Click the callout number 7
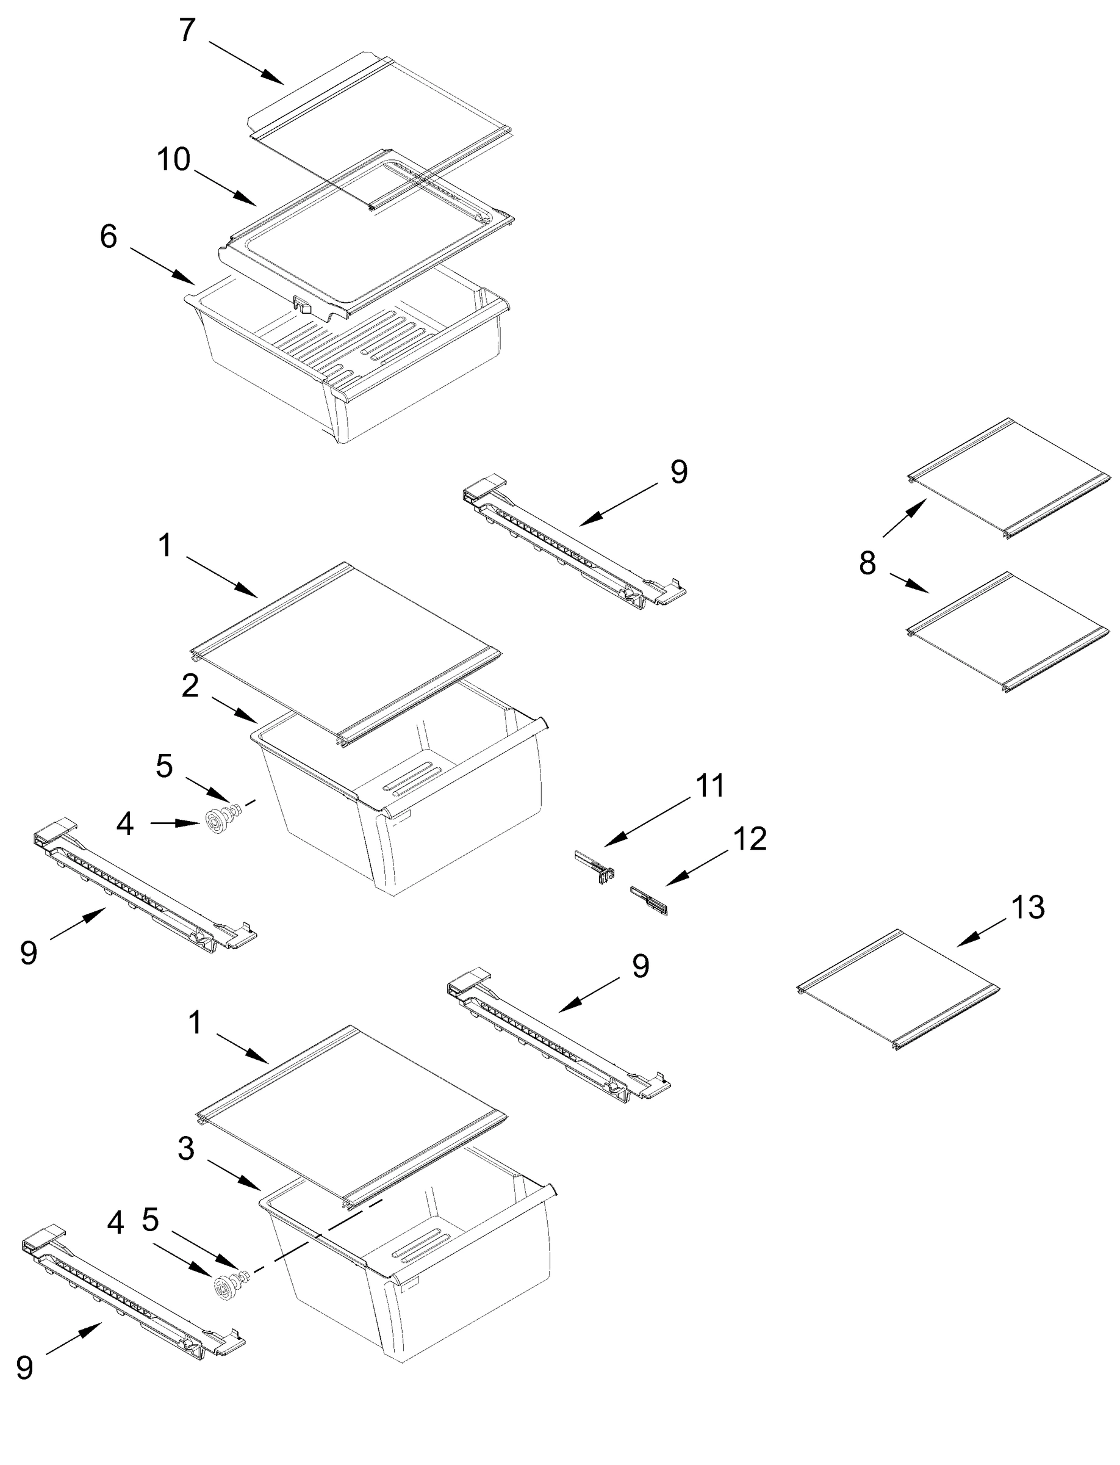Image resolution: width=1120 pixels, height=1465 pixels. pos(187,30)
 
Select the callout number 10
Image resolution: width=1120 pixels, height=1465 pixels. pos(173,160)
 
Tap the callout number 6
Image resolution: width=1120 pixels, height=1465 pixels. pos(109,237)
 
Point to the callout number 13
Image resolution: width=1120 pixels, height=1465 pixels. pos(1027,908)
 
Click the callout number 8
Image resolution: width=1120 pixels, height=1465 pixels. pos(867,563)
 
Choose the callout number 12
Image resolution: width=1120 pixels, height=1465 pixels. pos(750,839)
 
